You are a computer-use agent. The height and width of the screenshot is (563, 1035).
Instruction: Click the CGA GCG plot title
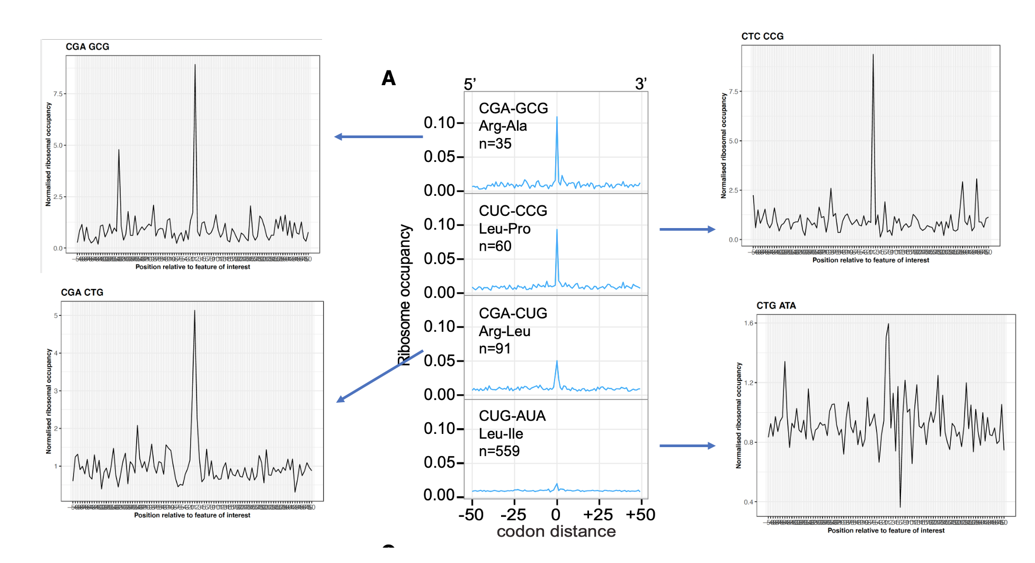click(87, 47)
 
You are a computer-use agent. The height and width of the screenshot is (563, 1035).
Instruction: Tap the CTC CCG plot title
click(762, 36)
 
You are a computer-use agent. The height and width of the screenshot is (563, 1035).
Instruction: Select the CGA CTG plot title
click(82, 292)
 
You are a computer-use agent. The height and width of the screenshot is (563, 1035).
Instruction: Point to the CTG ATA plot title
click(776, 305)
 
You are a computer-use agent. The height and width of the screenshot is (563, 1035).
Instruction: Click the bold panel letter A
click(389, 78)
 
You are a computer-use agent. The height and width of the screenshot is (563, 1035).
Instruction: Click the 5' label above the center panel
click(470, 84)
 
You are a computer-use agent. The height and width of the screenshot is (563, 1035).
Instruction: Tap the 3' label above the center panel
click(641, 84)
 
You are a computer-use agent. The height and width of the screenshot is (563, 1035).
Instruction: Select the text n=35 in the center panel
click(495, 143)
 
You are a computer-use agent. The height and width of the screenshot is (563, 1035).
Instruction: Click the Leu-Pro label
click(504, 229)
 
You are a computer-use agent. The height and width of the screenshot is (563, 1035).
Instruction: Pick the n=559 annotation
click(499, 451)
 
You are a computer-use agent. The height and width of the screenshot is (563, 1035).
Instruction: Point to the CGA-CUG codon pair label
click(513, 313)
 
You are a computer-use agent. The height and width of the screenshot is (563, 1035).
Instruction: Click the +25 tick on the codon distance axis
click(598, 514)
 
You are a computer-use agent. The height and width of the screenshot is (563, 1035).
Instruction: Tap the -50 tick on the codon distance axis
click(471, 514)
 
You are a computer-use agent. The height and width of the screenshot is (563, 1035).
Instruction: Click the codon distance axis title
click(556, 531)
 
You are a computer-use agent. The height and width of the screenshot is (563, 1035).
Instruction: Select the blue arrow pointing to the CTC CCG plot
click(687, 229)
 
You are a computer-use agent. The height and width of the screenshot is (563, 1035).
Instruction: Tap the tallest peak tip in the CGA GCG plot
click(195, 65)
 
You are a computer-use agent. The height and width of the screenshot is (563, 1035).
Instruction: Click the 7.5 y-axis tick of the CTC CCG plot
click(733, 92)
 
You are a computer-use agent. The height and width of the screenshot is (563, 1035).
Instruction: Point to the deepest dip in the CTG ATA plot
click(900, 506)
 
